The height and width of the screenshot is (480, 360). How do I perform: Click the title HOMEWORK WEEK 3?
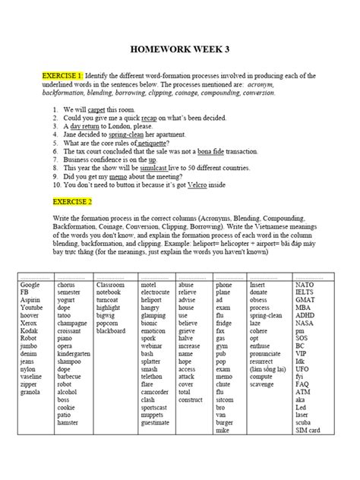tap(179, 49)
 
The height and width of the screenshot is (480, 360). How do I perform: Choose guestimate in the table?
tap(156, 422)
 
